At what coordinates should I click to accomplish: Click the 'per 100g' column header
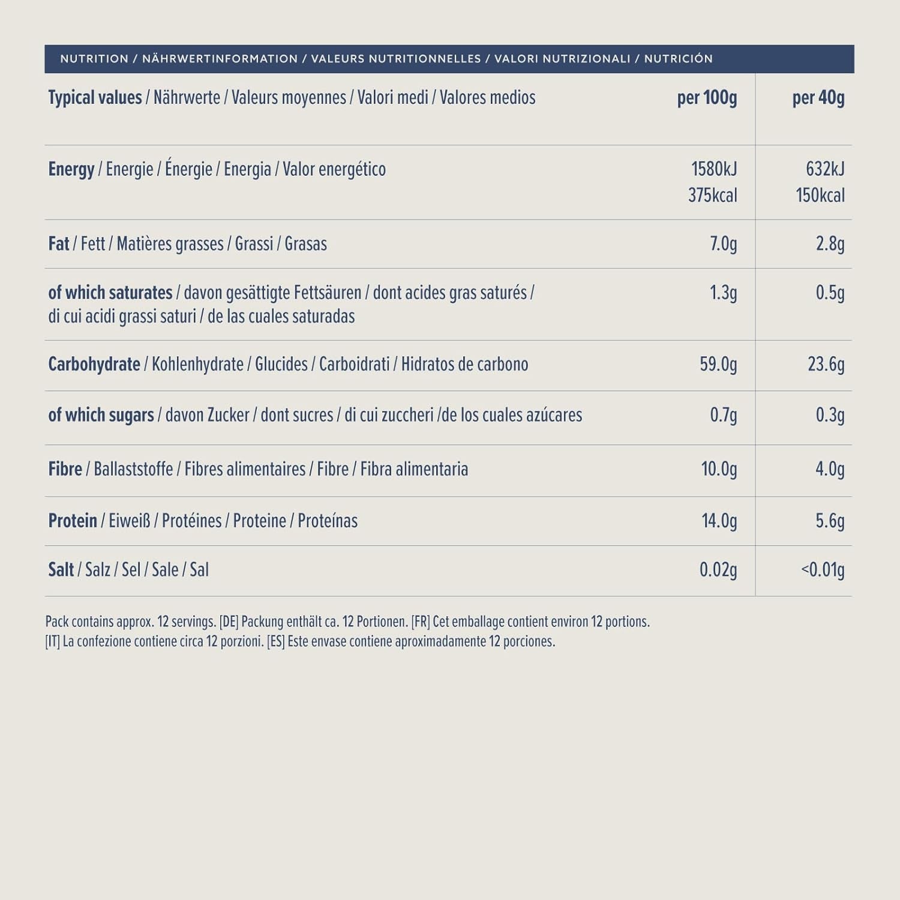707,98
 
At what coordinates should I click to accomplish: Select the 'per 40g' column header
818,98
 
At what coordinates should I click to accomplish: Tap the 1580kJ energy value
714,169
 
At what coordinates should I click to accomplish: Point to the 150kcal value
820,196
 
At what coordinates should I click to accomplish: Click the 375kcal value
712,196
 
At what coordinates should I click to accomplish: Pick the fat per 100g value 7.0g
723,244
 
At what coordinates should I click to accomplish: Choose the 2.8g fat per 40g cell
830,244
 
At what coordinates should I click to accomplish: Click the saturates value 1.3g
723,293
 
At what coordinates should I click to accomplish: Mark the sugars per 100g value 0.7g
723,415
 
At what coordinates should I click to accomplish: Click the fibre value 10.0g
719,469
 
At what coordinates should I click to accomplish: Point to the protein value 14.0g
719,521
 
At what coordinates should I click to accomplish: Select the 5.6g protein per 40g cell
830,521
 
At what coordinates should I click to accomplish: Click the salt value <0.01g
823,570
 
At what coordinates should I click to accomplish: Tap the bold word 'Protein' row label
73,521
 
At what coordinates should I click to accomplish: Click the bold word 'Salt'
61,570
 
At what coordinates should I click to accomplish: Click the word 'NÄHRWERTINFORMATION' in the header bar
220,59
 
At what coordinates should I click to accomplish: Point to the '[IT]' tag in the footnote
52,641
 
